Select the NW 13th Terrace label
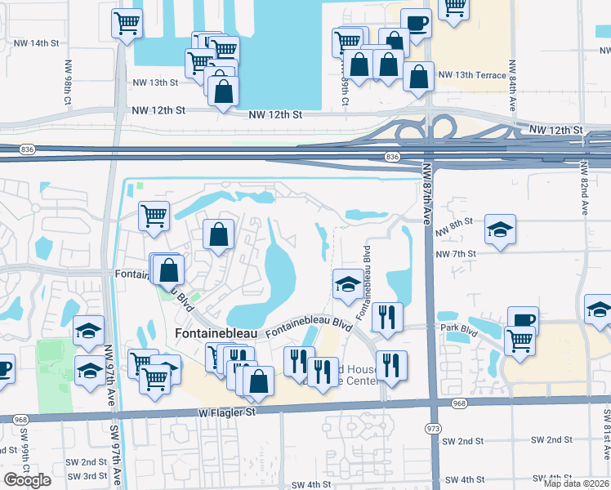[x=472, y=75]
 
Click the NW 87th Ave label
[x=426, y=193]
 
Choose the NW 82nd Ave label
[x=585, y=189]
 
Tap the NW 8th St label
[x=455, y=222]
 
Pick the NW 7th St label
[x=455, y=254]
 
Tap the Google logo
[x=27, y=480]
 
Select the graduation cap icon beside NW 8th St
[x=500, y=229]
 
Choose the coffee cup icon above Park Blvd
[x=523, y=319]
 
